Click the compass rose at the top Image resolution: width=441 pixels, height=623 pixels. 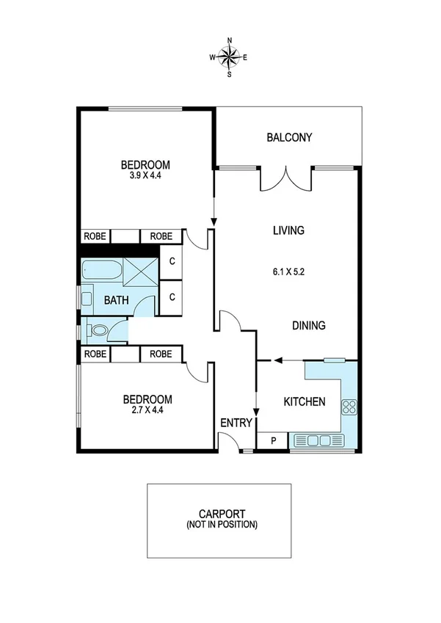(x=230, y=57)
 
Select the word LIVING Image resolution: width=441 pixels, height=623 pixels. (x=288, y=230)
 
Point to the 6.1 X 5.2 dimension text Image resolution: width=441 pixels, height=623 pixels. (x=288, y=271)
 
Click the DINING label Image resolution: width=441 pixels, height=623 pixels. (x=308, y=327)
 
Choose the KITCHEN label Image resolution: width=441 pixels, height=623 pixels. (x=305, y=401)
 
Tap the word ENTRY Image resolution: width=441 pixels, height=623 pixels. (x=236, y=423)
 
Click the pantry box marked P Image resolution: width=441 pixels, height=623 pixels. (x=274, y=441)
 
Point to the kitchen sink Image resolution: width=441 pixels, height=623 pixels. (x=316, y=441)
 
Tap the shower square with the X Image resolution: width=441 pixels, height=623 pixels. (x=139, y=272)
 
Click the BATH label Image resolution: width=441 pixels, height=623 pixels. (x=116, y=300)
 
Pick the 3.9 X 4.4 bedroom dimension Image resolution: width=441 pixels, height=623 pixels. (x=146, y=176)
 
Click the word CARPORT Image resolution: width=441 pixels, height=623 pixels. (x=219, y=514)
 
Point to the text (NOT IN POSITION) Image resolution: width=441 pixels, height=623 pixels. (x=219, y=525)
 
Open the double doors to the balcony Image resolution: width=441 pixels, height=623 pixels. (x=287, y=178)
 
